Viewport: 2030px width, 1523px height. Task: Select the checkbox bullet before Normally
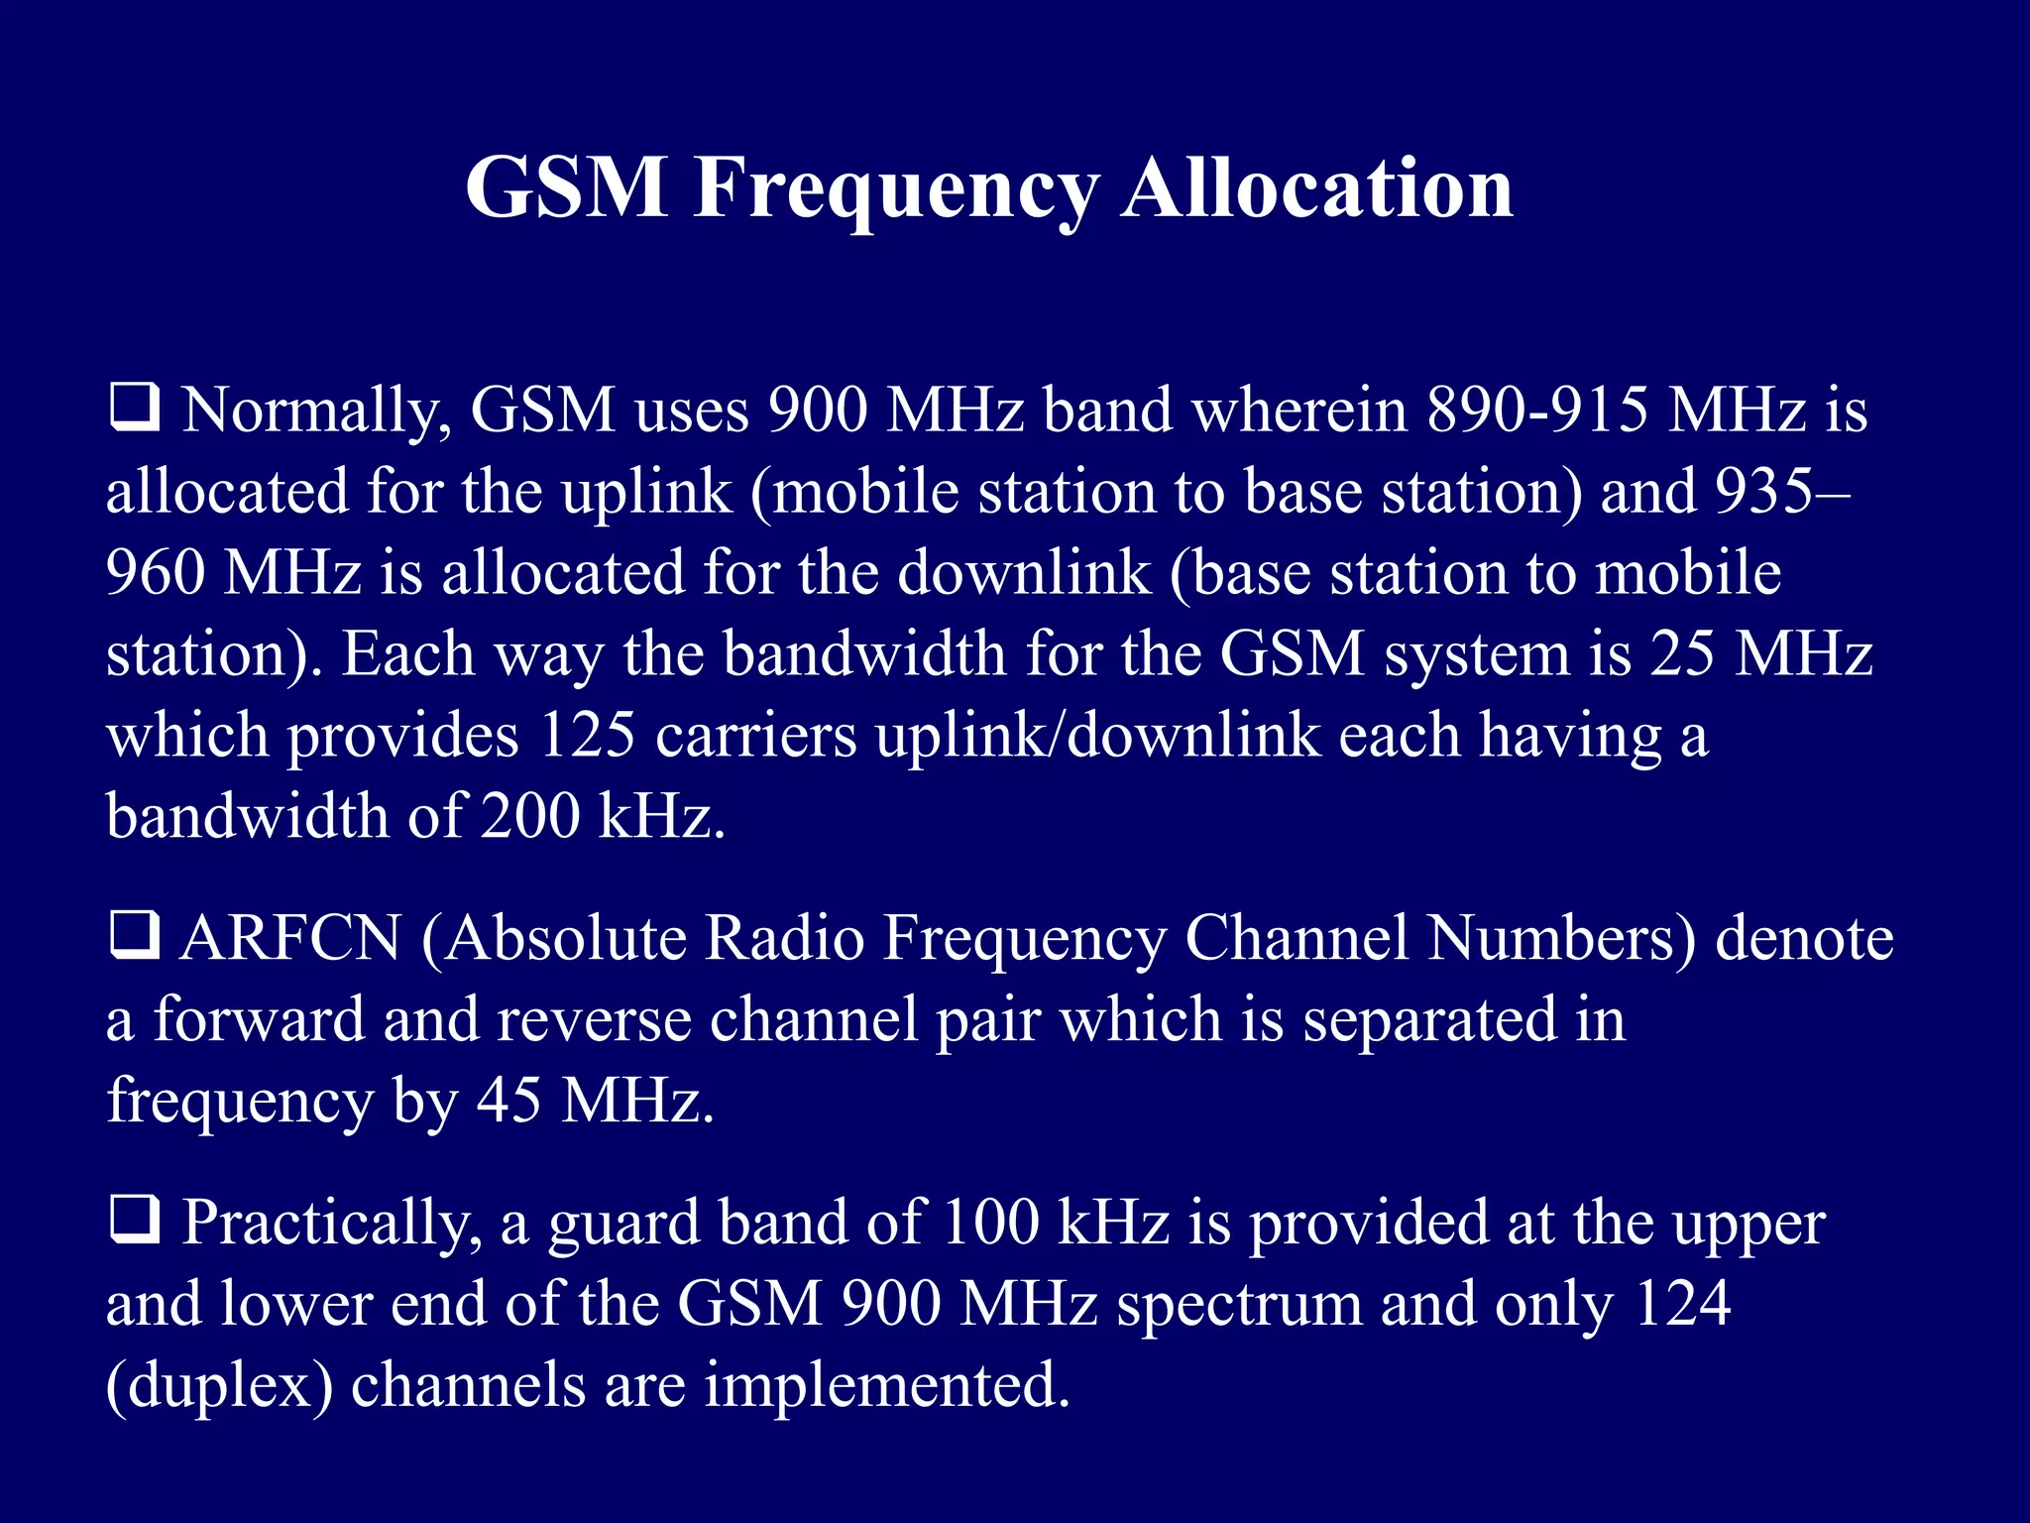click(x=134, y=410)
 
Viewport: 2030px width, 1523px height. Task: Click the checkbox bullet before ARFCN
click(x=134, y=938)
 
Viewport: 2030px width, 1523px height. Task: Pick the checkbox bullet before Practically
click(x=134, y=1222)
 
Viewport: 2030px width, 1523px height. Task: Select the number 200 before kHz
click(x=530, y=817)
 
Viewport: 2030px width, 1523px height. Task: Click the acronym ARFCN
click(x=290, y=938)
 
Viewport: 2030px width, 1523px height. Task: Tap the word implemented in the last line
click(x=887, y=1384)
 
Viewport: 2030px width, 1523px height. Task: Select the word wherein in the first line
click(x=1299, y=410)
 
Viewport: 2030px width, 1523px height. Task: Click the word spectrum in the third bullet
click(x=1239, y=1305)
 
